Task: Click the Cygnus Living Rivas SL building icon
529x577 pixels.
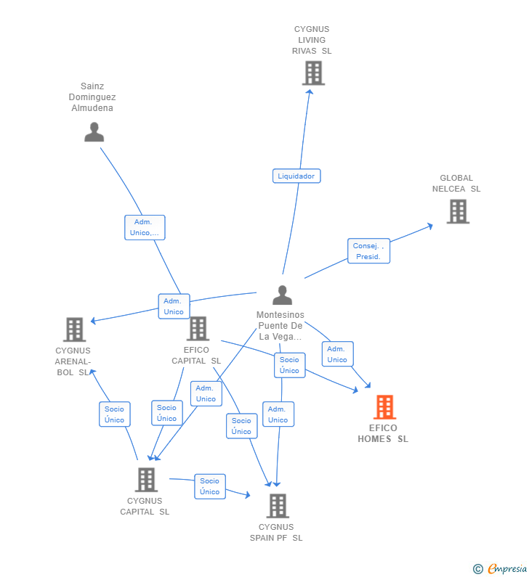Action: (x=313, y=73)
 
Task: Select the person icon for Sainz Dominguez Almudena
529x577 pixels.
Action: (x=94, y=132)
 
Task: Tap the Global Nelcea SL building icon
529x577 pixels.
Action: (x=457, y=211)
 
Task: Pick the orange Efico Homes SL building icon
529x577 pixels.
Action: (x=384, y=407)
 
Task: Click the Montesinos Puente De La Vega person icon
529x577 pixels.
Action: (x=282, y=295)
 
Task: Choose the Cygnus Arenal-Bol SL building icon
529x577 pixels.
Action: (x=74, y=330)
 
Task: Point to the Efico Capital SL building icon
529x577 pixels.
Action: (x=197, y=329)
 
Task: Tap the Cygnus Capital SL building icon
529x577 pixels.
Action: (x=146, y=480)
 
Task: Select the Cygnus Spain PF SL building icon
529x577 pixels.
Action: (x=277, y=506)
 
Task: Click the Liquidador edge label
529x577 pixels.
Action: (x=296, y=176)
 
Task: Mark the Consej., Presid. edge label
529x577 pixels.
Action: (x=368, y=251)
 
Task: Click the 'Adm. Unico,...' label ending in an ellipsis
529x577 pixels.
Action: (x=145, y=227)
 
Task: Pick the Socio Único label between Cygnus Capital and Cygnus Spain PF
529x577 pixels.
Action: (x=209, y=486)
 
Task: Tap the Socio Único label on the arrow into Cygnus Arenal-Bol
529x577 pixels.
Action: (x=114, y=414)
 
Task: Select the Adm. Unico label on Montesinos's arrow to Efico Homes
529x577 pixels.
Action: (x=337, y=354)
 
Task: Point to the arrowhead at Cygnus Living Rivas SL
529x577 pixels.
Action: (x=310, y=91)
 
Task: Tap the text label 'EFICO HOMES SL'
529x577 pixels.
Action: (x=383, y=433)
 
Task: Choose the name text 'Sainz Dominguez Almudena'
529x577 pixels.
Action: (x=92, y=97)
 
